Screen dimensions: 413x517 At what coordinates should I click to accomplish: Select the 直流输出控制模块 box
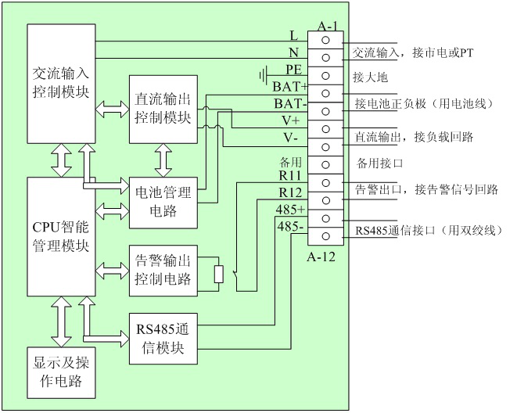163,109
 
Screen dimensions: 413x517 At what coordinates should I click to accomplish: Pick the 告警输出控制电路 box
163,270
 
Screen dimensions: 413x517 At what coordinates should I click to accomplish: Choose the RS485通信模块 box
163,339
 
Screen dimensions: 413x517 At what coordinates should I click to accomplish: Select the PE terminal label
294,70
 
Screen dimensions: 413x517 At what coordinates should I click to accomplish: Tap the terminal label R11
291,177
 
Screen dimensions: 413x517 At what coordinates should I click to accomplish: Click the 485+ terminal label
290,210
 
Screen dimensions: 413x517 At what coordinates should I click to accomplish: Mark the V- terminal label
291,137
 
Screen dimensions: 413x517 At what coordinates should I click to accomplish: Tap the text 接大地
370,77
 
